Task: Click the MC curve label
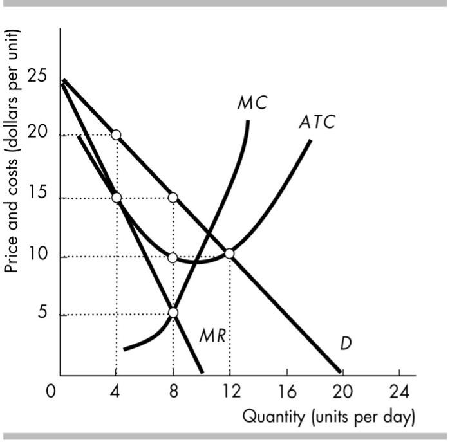coord(251,103)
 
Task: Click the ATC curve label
coord(317,122)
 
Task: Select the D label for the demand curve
coord(346,344)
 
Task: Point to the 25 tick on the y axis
coord(37,77)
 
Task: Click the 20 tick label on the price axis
coord(37,136)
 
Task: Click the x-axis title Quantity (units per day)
coord(328,416)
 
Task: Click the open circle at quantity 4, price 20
coord(116,134)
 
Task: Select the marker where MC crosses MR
coord(173,313)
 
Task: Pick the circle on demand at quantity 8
coord(173,197)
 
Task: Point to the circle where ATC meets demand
coord(229,253)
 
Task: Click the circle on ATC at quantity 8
coord(173,257)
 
